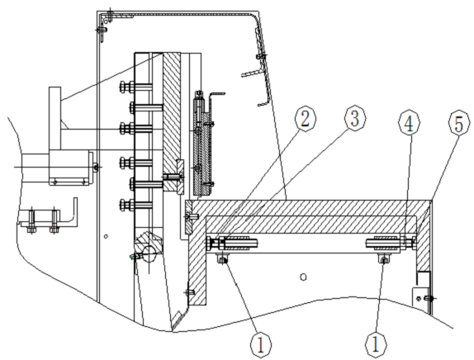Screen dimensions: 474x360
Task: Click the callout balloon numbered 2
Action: pos(306,119)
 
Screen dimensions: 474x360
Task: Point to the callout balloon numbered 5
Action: pos(459,124)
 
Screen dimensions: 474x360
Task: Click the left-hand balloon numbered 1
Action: pos(261,345)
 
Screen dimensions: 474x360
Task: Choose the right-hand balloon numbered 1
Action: pos(376,345)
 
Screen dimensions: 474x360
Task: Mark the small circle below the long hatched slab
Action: pos(304,277)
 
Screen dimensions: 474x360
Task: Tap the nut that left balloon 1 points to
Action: pos(223,259)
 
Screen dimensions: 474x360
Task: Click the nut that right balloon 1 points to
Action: pos(384,259)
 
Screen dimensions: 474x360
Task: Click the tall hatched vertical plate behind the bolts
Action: pos(171,121)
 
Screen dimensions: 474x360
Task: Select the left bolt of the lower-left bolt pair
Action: pos(31,221)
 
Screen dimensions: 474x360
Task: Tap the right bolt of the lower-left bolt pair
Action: pos(55,221)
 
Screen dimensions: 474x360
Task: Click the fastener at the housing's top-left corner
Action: pos(110,15)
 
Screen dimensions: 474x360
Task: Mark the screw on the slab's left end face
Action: pos(192,216)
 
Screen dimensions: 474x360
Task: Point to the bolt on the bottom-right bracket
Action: pos(429,299)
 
